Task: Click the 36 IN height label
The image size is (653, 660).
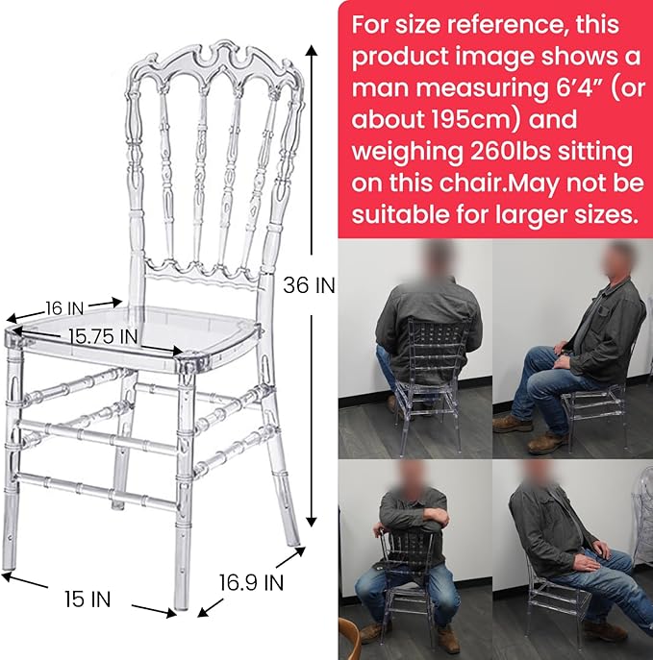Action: [309, 285]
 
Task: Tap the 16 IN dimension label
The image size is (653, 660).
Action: [64, 308]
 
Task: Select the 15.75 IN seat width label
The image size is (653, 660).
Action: [103, 336]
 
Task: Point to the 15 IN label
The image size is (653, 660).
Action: [88, 599]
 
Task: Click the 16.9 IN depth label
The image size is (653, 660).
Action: [252, 582]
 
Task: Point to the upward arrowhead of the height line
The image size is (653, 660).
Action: [312, 51]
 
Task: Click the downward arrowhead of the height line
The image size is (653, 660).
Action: [312, 522]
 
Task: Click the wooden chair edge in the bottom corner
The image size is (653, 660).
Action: [351, 643]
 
